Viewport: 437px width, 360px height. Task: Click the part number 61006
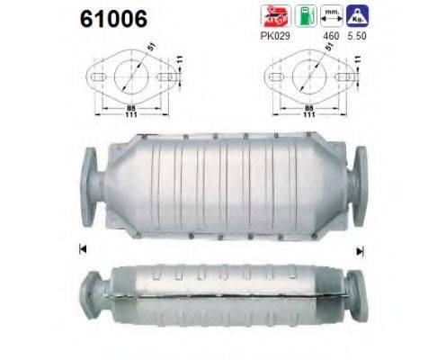96,18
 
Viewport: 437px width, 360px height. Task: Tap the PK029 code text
274,40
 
